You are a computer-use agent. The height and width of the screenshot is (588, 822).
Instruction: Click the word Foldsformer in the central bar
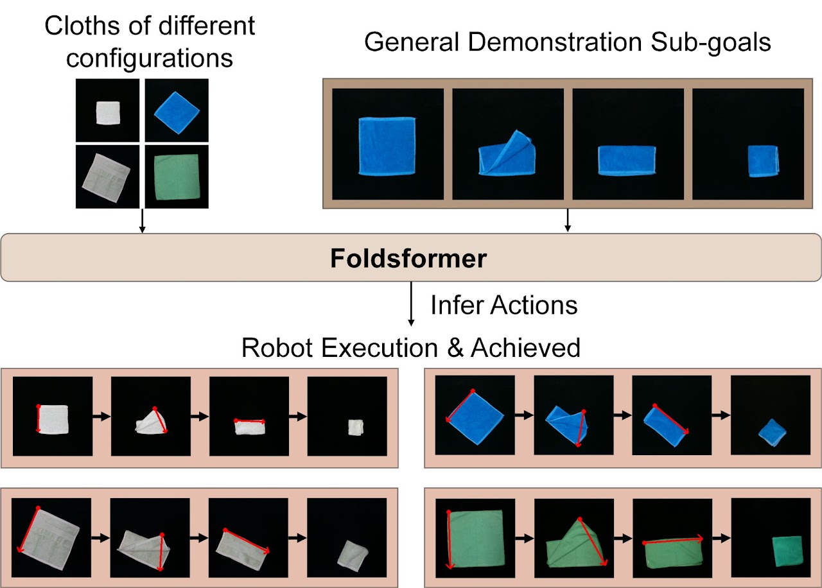[408, 258]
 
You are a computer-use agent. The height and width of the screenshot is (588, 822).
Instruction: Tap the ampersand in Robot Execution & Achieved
[455, 348]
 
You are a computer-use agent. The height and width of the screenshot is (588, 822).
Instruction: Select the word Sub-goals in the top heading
[710, 42]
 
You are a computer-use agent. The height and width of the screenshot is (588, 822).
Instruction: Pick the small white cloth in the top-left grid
[108, 112]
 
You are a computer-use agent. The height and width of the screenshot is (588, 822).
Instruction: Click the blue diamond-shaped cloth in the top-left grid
[177, 112]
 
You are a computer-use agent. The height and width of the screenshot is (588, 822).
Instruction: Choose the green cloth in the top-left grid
[177, 177]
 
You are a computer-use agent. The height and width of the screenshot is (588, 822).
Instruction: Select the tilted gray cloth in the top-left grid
[106, 178]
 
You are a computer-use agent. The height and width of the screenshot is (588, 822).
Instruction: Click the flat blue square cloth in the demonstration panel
[387, 146]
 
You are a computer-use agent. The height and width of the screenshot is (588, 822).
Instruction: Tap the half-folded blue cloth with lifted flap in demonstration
[507, 153]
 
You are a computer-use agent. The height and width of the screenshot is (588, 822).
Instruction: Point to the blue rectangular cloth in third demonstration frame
[627, 160]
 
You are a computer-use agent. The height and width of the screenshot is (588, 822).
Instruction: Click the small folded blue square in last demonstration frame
[764, 161]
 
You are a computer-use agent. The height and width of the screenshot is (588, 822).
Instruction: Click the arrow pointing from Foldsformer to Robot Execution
[411, 304]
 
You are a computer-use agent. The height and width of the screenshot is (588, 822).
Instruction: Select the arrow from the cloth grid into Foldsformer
[143, 221]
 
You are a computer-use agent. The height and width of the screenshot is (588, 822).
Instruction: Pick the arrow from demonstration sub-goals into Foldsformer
[568, 220]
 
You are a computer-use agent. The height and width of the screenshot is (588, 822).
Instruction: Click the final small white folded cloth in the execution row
[356, 428]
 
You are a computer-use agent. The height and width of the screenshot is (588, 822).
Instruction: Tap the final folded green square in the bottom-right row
[787, 551]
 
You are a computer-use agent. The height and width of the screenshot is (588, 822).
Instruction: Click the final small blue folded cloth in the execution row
[773, 433]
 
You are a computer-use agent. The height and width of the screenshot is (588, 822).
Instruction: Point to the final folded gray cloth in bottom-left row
[353, 556]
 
